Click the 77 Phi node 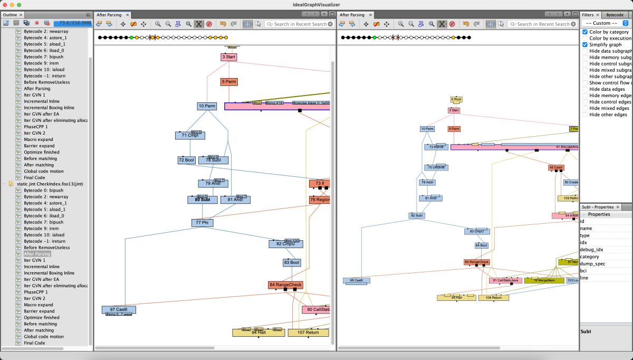[x=202, y=223]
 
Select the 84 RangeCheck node [x=285, y=285]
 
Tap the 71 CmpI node [x=190, y=136]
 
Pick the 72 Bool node [x=186, y=160]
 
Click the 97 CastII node [x=119, y=309]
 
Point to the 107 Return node [x=308, y=333]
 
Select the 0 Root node [x=456, y=99]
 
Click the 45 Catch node [x=556, y=167]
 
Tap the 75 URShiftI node [x=434, y=167]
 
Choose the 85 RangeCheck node [x=477, y=262]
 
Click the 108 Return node [x=493, y=298]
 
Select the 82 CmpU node [x=285, y=244]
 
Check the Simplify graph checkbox [x=585, y=45]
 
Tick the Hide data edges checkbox [x=585, y=89]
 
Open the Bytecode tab [x=616, y=15]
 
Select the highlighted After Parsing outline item [x=37, y=254]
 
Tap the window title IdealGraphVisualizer [x=316, y=4]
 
